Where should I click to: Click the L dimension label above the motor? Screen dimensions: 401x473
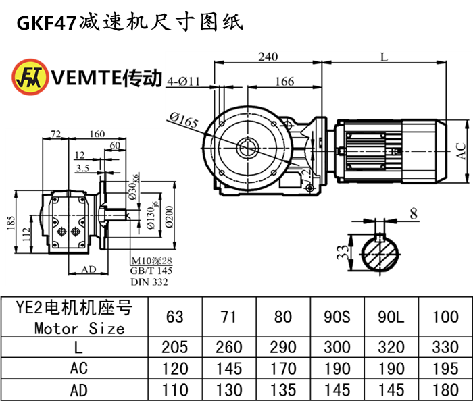pyautogui.click(x=383, y=57)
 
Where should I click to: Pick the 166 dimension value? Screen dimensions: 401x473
pyautogui.click(x=284, y=82)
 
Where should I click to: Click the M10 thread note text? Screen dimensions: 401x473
pyautogui.click(x=152, y=261)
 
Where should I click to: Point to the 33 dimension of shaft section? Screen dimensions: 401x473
pyautogui.click(x=343, y=253)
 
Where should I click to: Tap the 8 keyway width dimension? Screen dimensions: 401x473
pyautogui.click(x=413, y=215)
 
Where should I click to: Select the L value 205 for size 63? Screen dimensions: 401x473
pyautogui.click(x=174, y=348)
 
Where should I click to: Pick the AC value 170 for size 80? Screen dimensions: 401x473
pyautogui.click(x=282, y=369)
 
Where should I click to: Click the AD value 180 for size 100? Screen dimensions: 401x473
pyautogui.click(x=445, y=390)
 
